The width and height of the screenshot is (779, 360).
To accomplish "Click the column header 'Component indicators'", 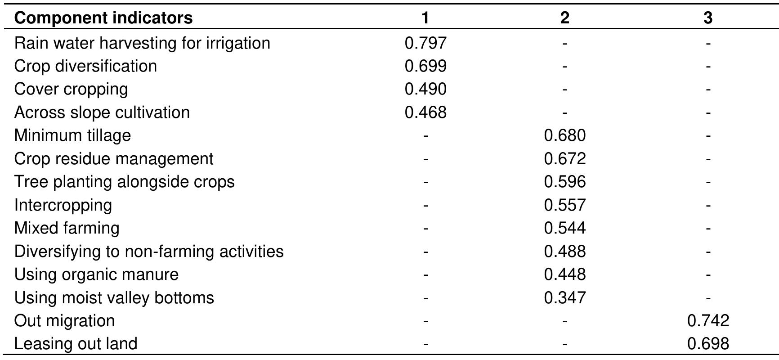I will pos(103,18).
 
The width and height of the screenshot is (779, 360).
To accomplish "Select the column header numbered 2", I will pos(565,18).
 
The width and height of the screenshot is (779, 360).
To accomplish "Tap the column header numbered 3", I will pos(708,18).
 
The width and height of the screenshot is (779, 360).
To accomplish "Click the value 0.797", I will pos(425,43).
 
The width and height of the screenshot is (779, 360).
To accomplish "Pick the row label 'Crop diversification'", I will pos(85,66).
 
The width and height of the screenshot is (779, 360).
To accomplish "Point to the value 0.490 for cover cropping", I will pos(425,89).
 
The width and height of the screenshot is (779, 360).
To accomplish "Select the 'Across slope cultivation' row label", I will pos(102,112).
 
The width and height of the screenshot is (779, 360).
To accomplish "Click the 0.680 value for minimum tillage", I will pos(565,135).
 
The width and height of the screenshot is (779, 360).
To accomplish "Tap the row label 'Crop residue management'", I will pos(114,159).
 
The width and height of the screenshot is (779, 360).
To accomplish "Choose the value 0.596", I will pos(565,182).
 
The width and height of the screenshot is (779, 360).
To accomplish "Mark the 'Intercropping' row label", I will pos(63,205).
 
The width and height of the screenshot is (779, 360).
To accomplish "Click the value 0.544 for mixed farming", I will pos(565,228).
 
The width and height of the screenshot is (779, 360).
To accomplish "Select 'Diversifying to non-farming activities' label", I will pos(149,251).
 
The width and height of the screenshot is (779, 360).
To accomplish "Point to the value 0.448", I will pos(565,274).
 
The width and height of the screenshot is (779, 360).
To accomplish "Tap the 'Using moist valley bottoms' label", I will pos(114,298).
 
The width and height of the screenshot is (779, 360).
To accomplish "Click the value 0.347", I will pos(565,298).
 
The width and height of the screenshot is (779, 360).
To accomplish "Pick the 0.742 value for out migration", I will pos(708,321).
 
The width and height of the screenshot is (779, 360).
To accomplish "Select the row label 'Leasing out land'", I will pos(76,344).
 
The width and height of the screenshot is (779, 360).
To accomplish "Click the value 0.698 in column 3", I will pos(708,344).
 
